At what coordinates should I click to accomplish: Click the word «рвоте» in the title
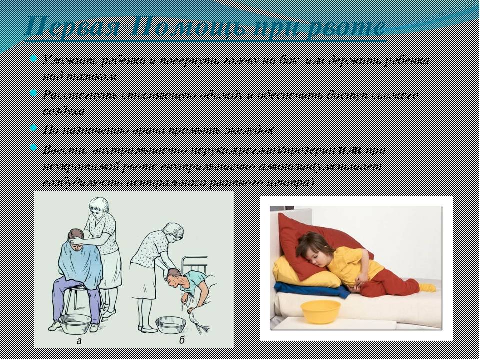[x=346, y=27]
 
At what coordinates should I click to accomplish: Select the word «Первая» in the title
[x=74, y=26]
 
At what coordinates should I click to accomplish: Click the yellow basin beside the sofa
[x=320, y=311]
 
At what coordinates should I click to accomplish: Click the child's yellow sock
[x=427, y=287]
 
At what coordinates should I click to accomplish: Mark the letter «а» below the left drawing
[x=79, y=340]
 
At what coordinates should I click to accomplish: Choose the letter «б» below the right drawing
[x=182, y=340]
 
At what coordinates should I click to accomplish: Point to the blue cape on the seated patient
[x=80, y=260]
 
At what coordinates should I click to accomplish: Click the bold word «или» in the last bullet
[x=351, y=150]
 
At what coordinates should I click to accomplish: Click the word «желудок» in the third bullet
[x=248, y=130]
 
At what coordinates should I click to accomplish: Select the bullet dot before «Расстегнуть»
[x=33, y=93]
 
